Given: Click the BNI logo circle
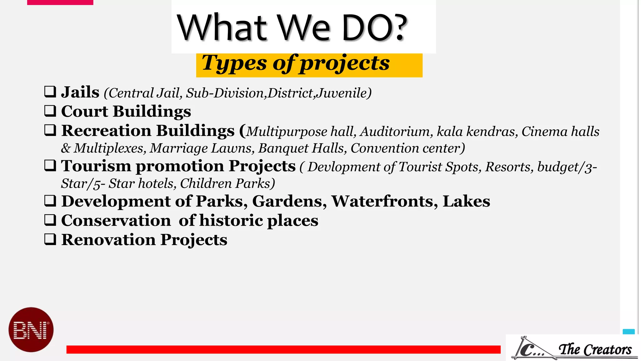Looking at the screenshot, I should [31, 330].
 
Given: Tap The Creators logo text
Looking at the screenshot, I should [595, 349].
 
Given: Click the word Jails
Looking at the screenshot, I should [80, 92].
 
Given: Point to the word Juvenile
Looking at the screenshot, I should [344, 93].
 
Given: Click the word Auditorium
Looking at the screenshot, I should [396, 132].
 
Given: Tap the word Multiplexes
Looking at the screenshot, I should [110, 148].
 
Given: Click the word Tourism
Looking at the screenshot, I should [96, 166].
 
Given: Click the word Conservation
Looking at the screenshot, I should [116, 221].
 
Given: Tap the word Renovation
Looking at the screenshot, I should [108, 240].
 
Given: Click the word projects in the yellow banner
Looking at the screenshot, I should [345, 64].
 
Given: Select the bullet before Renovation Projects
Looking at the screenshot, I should [50, 239].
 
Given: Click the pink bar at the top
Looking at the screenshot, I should [60, 2].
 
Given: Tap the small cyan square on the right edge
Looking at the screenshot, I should [628, 332].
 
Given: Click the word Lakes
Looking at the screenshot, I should [466, 201].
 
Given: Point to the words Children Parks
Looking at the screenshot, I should [227, 184].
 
